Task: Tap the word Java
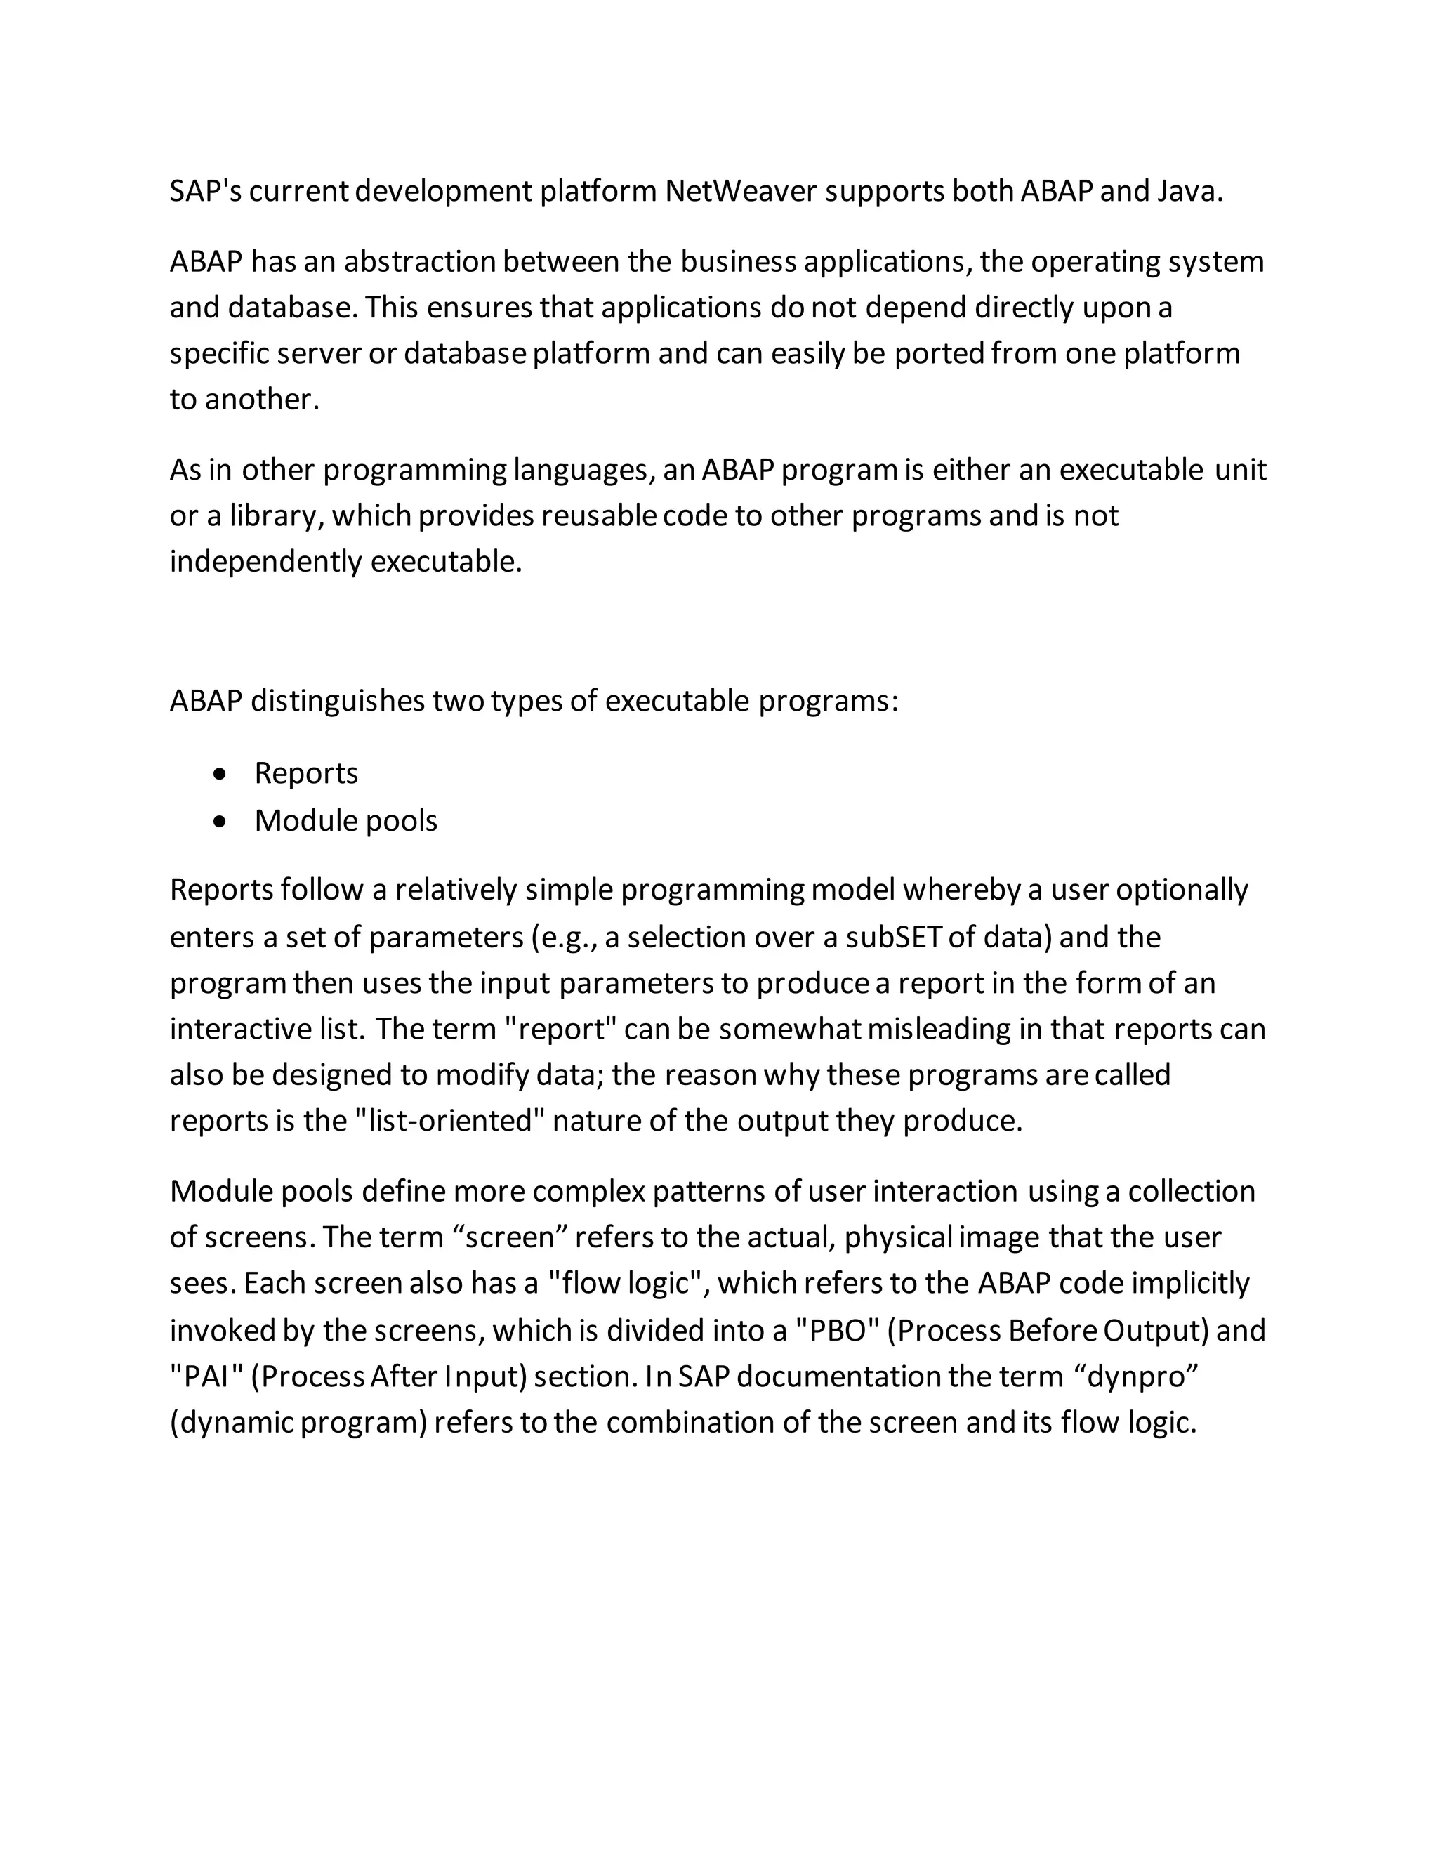coord(1189,191)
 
